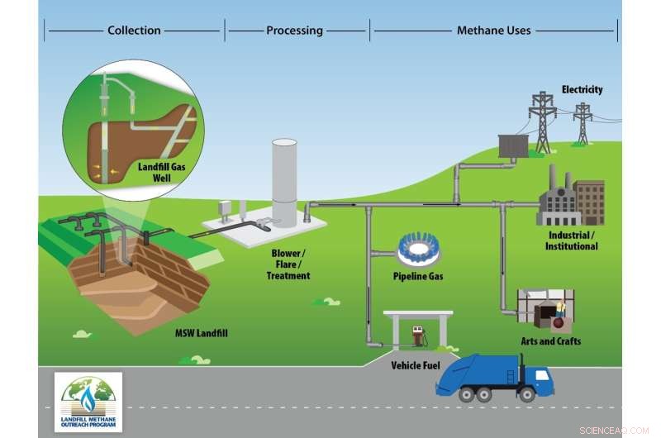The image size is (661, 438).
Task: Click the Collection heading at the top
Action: coord(134,31)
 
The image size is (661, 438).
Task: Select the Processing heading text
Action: coord(294,31)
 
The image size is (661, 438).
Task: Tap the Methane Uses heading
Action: coord(493,31)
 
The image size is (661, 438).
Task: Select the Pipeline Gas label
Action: coord(418,276)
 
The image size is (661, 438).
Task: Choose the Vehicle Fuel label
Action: coord(416,364)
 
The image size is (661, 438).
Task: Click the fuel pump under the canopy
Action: coord(418,336)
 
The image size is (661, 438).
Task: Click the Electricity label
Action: coord(582,89)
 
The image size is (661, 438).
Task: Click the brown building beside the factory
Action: coord(590,202)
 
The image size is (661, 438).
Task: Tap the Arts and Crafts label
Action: coord(550,341)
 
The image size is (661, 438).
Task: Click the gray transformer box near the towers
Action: coord(513,145)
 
